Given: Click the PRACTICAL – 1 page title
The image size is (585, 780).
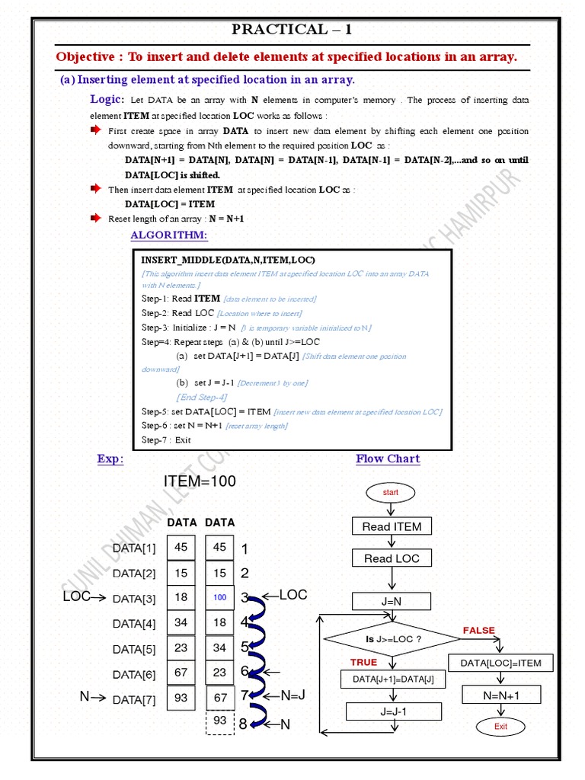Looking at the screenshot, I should point(292,30).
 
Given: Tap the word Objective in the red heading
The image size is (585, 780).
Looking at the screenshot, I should point(85,57).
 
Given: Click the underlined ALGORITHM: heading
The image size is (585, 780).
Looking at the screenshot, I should point(168,235).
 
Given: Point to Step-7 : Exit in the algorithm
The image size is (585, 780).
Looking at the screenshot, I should point(166,440).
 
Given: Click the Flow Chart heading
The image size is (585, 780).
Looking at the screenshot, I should point(388,459).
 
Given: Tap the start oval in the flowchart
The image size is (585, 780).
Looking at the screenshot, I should point(391,493).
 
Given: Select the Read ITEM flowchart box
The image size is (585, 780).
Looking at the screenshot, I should point(392,526).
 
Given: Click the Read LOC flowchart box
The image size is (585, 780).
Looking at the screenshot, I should point(392,558).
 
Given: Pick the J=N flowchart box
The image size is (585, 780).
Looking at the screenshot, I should point(392,601).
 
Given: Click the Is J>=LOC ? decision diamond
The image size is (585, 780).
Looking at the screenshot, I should point(392,639).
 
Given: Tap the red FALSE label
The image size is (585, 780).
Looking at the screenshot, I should point(478,630).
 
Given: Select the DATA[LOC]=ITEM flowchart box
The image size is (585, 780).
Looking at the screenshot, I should point(500,663).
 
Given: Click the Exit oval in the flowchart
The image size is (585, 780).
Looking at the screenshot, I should point(500,726).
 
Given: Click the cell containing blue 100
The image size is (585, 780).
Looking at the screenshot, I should point(220,598).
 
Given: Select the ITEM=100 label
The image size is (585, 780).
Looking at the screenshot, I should point(200,481).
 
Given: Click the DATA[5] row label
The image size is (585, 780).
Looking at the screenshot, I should point(134,649).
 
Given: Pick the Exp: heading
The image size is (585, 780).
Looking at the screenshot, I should point(110,459).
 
